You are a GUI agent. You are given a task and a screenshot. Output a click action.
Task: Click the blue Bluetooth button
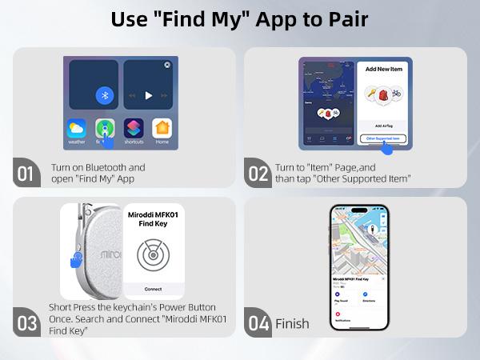click(x=103, y=94)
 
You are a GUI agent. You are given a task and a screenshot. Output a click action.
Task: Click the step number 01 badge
click(x=26, y=173)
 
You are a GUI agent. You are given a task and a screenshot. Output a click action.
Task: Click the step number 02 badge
click(x=258, y=173)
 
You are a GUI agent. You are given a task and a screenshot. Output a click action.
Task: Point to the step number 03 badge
click(x=26, y=323)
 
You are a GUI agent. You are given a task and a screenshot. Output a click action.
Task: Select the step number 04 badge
click(x=258, y=323)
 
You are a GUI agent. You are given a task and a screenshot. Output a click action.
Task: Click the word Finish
click(x=292, y=323)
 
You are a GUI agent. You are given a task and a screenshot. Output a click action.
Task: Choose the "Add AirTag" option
click(x=382, y=126)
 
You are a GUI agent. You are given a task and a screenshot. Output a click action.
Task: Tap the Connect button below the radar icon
click(x=153, y=287)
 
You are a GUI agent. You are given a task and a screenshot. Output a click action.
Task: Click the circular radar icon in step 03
click(x=152, y=255)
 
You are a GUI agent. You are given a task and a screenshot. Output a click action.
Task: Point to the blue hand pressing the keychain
click(x=76, y=260)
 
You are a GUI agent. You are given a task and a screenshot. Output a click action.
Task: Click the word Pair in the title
click(x=346, y=19)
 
